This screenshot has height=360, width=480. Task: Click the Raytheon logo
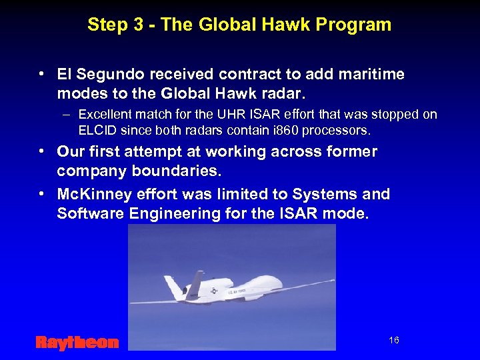click(77, 343)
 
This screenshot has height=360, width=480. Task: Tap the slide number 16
click(393, 341)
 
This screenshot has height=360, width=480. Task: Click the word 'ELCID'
click(97, 129)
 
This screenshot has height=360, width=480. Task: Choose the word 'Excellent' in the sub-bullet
click(105, 115)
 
